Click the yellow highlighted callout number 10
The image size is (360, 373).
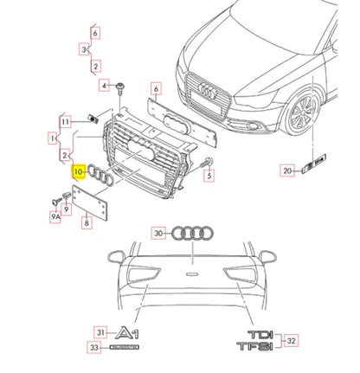click(78, 172)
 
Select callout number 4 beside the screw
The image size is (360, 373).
click(104, 86)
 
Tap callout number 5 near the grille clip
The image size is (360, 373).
click(208, 176)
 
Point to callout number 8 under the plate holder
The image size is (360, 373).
click(86, 223)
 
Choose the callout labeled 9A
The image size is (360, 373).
click(55, 219)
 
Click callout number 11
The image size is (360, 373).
click(64, 121)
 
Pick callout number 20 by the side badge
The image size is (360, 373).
click(287, 171)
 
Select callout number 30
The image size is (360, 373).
click(157, 234)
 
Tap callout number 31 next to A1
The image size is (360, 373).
click(100, 332)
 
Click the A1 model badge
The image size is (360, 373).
click(127, 332)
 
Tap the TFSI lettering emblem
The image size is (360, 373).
click(257, 345)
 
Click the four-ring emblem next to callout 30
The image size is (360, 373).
click(192, 234)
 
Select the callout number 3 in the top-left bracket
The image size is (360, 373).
click(85, 49)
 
